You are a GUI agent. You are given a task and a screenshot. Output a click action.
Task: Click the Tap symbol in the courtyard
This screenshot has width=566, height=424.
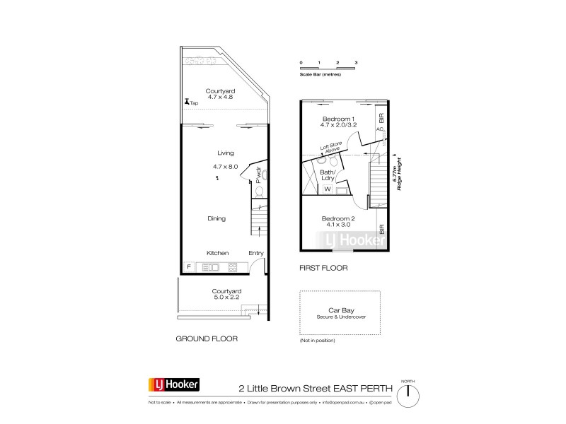186,102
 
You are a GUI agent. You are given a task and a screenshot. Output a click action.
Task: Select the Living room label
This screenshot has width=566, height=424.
225,153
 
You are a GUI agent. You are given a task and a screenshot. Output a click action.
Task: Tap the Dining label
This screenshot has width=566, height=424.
216,218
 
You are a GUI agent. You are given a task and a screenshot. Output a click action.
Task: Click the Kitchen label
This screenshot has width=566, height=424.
217,252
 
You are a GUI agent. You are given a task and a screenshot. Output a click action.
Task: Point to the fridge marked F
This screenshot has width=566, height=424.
188,266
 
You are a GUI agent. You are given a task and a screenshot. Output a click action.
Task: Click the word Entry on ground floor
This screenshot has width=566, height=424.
256,252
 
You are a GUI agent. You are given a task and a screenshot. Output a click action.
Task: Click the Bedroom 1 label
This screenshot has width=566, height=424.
337,118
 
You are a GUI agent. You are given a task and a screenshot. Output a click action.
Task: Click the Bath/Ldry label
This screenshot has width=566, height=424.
326,175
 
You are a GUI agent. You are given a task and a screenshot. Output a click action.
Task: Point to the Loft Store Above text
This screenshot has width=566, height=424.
330,149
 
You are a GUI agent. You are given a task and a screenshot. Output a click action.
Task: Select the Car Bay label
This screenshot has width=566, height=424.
341,310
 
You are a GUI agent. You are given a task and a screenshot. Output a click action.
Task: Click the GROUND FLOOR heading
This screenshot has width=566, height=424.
207,339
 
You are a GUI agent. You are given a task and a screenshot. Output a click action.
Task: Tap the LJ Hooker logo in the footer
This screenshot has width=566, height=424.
173,385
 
